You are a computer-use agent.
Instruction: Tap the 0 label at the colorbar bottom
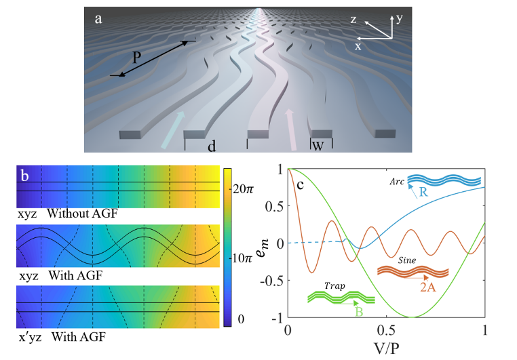238,318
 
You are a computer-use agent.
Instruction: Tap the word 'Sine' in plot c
406,259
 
